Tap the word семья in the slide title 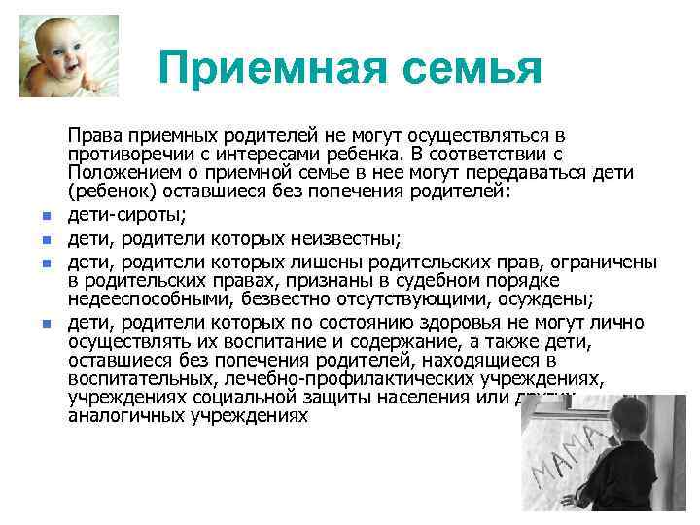click(x=459, y=68)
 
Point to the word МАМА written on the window click(x=564, y=457)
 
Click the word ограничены click(x=608, y=261)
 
